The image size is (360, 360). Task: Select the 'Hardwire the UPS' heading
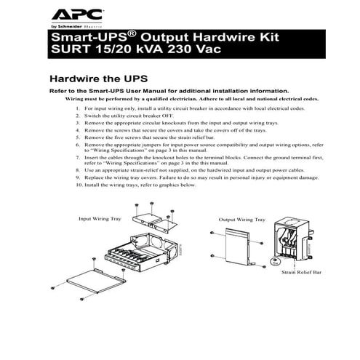(x=97, y=78)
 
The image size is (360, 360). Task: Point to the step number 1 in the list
(x=77, y=108)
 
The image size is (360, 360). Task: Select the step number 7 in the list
(x=77, y=156)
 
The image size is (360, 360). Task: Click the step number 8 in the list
(x=77, y=169)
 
